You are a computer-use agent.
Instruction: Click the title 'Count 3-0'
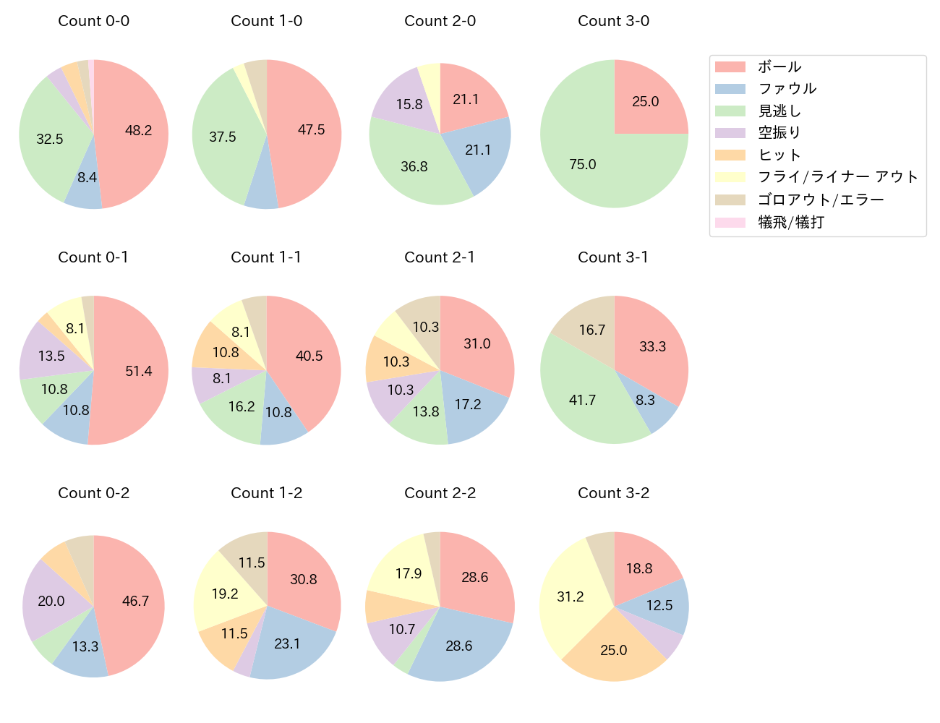click(613, 21)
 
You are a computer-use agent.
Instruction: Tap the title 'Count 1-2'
click(266, 493)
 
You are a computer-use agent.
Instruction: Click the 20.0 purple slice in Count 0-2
click(52, 600)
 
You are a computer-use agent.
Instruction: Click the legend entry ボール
click(779, 67)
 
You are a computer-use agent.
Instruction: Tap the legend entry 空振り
click(779, 133)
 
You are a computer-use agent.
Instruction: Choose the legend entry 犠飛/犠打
click(790, 222)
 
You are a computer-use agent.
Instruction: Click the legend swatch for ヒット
click(730, 155)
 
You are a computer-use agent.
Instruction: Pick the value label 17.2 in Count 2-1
click(468, 404)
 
